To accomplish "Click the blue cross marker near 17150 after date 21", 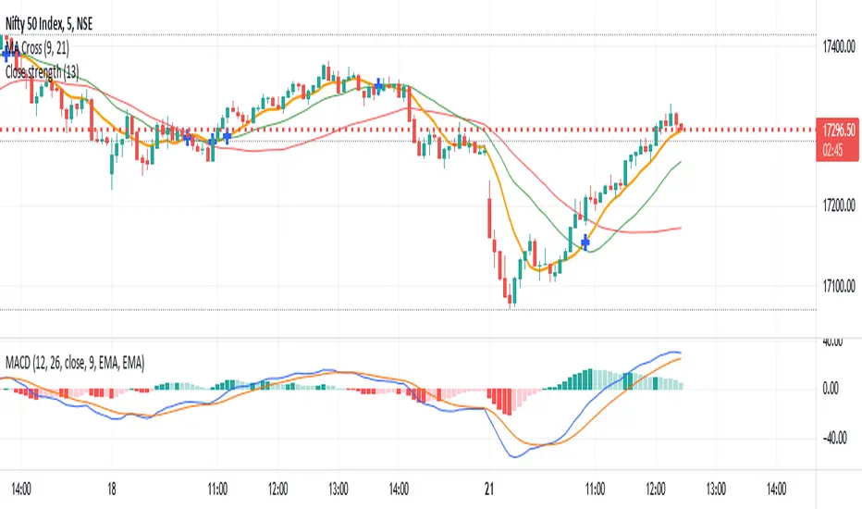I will [585, 242].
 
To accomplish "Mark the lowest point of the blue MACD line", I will [514, 457].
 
